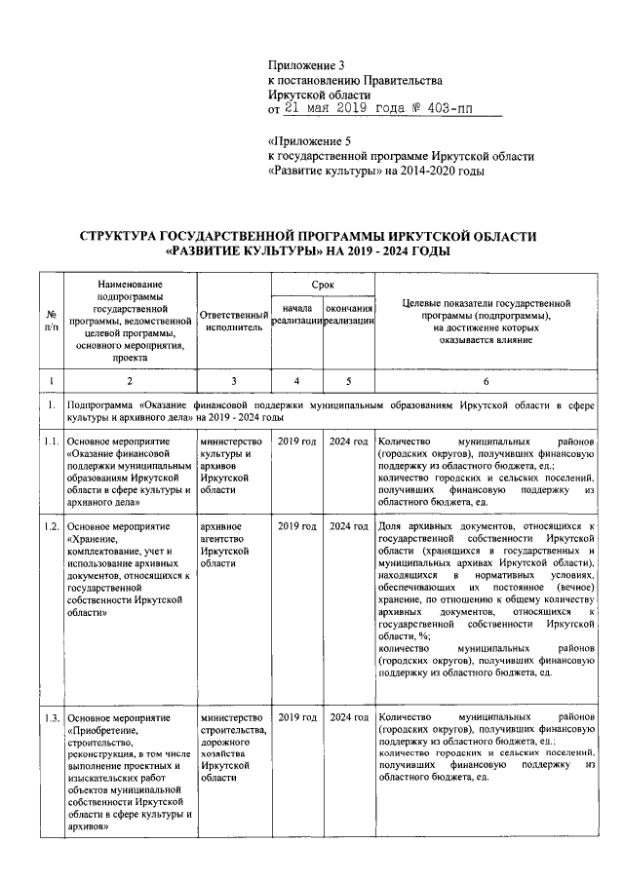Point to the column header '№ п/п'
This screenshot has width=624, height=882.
[50, 321]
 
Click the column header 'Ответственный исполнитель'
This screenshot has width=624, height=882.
[233, 322]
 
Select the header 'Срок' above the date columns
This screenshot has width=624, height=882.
[323, 283]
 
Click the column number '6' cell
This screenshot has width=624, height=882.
[485, 381]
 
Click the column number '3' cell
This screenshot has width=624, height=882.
[233, 381]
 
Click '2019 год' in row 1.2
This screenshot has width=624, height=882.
[296, 526]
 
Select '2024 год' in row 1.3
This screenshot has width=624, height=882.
[349, 717]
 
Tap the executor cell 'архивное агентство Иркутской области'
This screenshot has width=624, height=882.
[229, 545]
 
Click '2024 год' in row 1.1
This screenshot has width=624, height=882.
[349, 441]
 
